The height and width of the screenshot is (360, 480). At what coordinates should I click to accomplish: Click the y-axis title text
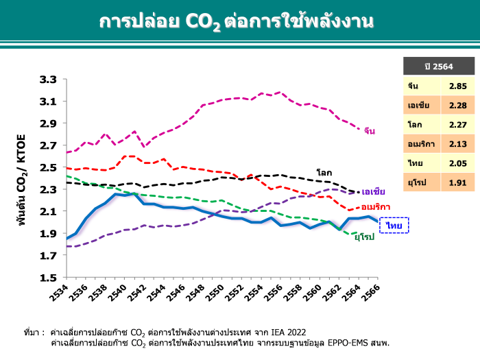(x=21, y=180)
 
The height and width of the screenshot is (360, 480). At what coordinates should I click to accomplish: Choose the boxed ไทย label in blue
(x=394, y=226)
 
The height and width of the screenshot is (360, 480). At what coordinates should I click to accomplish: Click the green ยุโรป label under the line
(x=364, y=237)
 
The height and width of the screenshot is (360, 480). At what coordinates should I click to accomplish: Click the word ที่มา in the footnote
(x=32, y=331)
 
